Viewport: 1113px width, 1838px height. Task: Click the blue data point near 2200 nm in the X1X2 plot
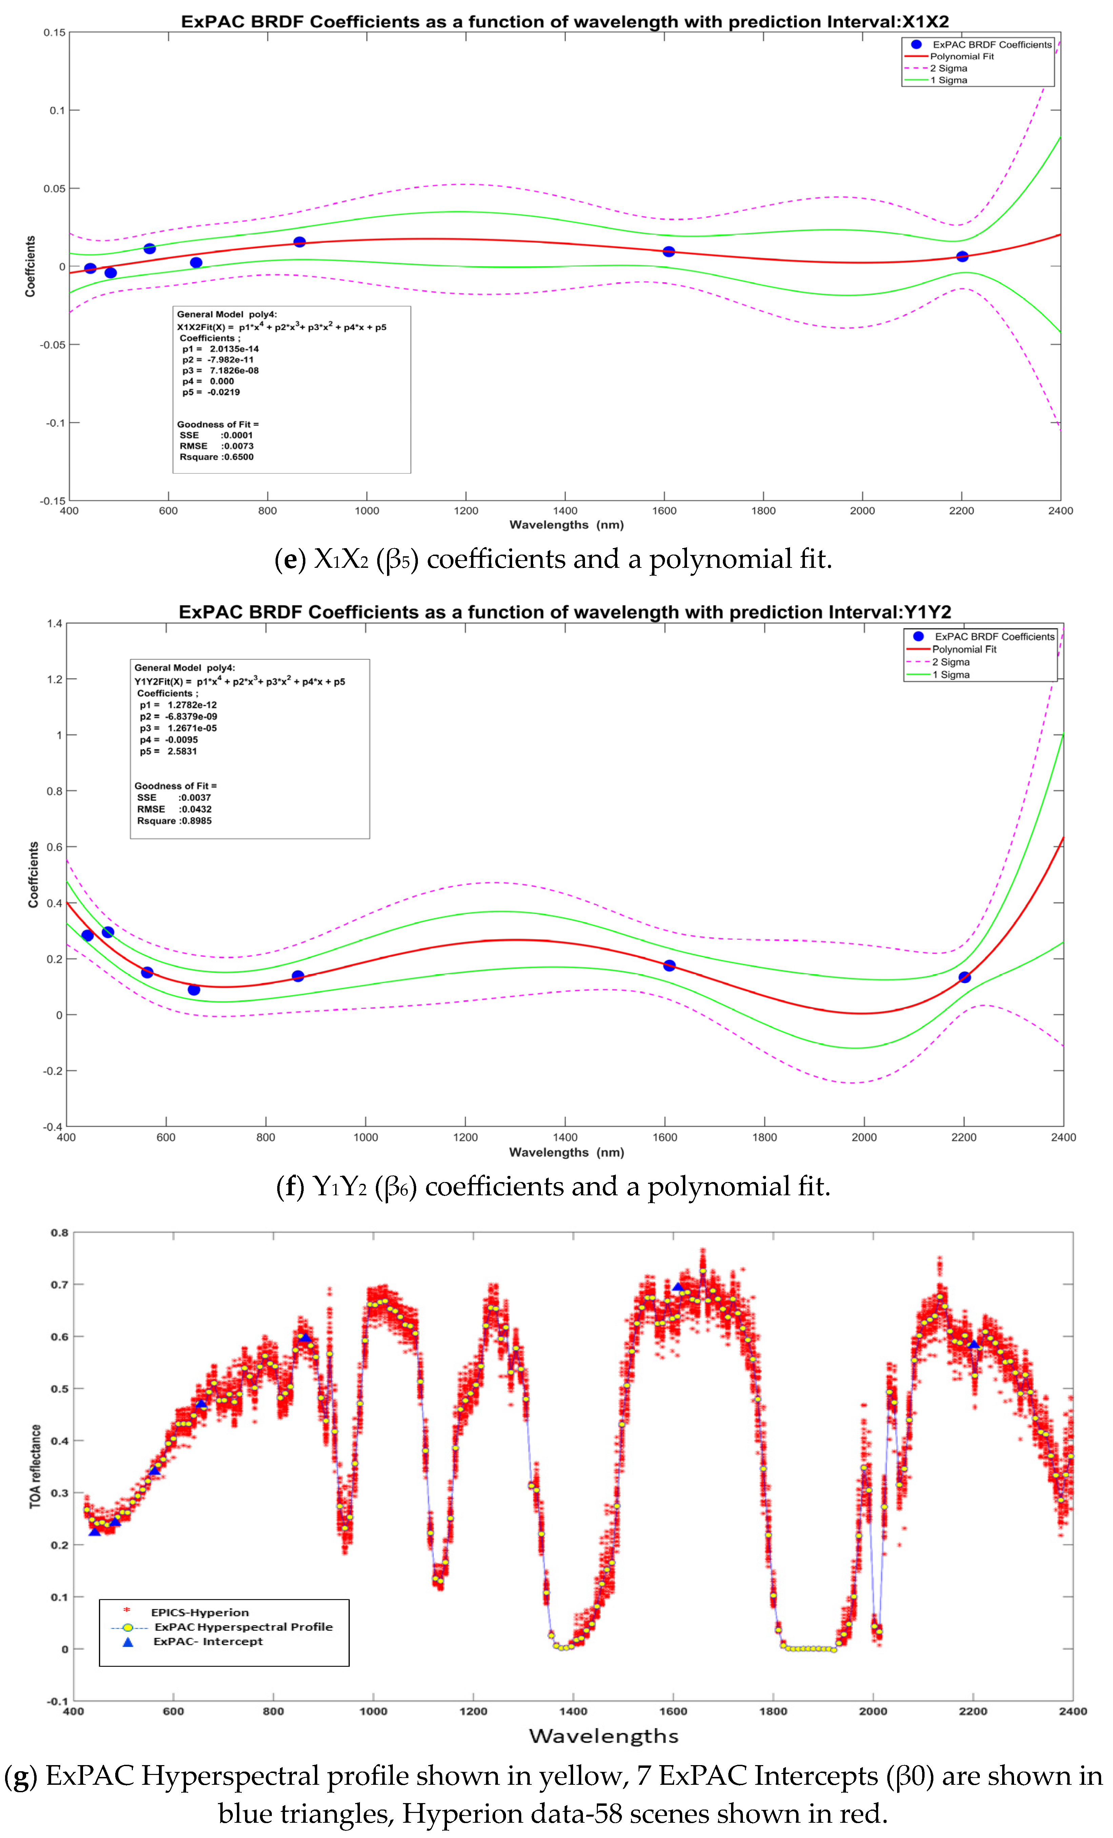[962, 257]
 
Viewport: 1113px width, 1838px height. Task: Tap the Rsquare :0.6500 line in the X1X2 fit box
[216, 457]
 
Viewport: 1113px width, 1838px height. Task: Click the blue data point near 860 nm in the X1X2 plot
[299, 242]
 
